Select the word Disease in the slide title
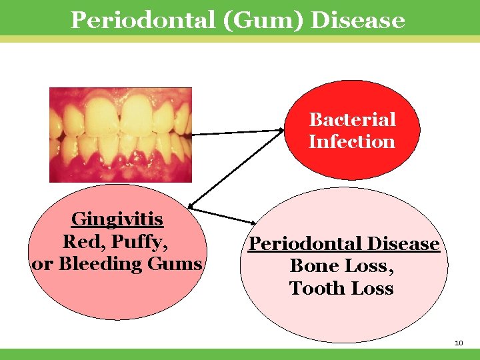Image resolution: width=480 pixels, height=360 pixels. (x=358, y=19)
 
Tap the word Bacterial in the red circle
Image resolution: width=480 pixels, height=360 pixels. (x=352, y=119)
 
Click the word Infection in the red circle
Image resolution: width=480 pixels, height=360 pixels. (x=352, y=141)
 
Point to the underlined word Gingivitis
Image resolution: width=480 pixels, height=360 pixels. (x=117, y=219)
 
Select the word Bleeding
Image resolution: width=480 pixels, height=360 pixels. (x=100, y=263)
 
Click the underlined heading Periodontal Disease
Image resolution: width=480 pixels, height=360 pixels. (x=344, y=243)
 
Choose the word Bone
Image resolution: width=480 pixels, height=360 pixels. (x=312, y=266)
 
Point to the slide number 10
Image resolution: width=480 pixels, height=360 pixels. (x=458, y=343)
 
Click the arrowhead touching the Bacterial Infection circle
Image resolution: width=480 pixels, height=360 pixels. (x=281, y=131)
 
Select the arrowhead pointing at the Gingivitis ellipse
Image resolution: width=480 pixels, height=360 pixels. (x=192, y=205)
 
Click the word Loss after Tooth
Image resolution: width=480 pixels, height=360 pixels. (x=369, y=289)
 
